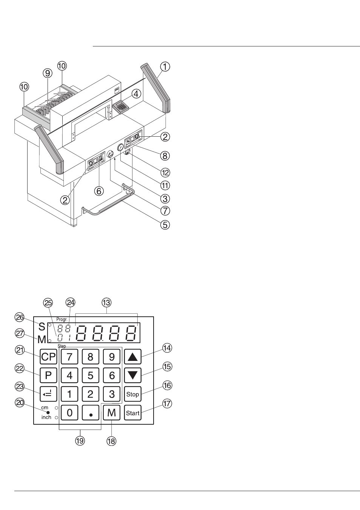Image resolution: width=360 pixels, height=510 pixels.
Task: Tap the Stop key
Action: click(x=133, y=394)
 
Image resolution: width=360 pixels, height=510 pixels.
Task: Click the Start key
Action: click(x=133, y=413)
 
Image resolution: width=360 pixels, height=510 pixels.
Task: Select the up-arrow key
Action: click(x=133, y=356)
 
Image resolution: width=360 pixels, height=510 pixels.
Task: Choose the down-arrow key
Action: click(x=133, y=375)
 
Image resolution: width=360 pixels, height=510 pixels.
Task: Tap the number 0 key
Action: click(x=69, y=413)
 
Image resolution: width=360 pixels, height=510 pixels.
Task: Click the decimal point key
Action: click(x=91, y=413)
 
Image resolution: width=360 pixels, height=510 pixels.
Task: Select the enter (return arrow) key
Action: click(x=48, y=394)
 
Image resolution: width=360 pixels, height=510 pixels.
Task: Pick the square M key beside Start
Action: click(x=111, y=413)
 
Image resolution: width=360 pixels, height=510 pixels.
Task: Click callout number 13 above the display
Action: click(x=106, y=303)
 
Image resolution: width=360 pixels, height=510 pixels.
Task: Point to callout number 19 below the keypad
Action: click(x=80, y=441)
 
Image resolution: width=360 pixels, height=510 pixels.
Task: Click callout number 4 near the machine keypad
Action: click(x=136, y=94)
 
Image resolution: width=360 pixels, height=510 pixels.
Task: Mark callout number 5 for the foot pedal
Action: click(x=165, y=225)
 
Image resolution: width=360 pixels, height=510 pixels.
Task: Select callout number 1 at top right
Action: click(x=165, y=67)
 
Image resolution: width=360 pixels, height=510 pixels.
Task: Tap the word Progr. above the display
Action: click(x=62, y=320)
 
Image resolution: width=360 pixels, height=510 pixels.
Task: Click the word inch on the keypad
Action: click(x=46, y=418)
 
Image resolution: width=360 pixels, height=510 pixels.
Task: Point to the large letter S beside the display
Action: click(x=42, y=327)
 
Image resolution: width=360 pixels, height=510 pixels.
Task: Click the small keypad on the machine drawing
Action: click(x=121, y=106)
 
